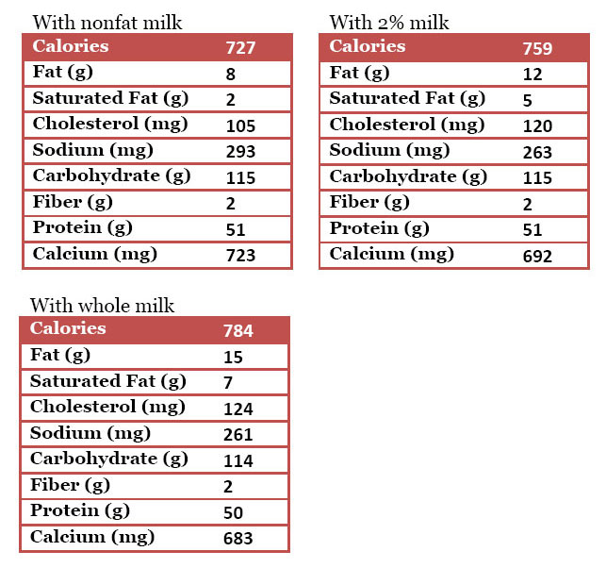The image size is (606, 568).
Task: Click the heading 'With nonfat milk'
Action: click(107, 23)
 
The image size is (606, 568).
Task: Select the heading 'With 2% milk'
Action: click(389, 23)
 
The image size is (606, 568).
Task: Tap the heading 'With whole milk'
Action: click(102, 305)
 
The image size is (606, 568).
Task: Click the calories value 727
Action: click(241, 48)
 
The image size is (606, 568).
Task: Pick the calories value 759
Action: click(537, 48)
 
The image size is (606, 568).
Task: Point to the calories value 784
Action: click(238, 331)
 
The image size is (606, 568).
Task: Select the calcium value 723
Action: click(241, 256)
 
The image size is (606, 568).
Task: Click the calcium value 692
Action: click(537, 256)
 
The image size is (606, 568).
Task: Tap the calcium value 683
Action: click(238, 539)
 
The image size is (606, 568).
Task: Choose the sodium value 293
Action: click(241, 152)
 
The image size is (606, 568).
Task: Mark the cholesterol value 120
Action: click(537, 125)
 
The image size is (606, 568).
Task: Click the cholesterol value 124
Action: click(238, 409)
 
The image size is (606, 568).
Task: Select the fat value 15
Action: click(233, 358)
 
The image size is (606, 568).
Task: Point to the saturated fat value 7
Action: click(229, 383)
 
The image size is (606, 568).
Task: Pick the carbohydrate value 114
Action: click(238, 461)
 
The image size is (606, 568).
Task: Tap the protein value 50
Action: click(234, 513)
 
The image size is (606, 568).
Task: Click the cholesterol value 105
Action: click(241, 125)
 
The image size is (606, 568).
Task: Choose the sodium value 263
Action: click(537, 152)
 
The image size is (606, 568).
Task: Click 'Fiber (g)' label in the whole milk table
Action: click(70, 485)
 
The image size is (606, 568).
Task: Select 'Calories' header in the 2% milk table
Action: click(368, 46)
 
